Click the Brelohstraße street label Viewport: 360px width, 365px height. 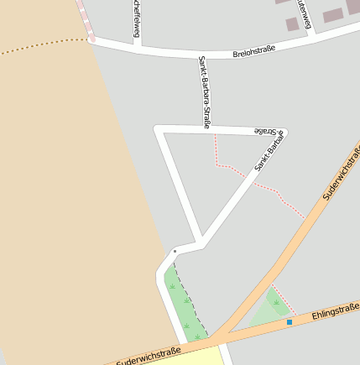(253, 54)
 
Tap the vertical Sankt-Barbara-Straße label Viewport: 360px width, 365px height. (204, 91)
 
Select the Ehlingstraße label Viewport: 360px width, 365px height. (336, 311)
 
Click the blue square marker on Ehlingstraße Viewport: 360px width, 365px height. (290, 321)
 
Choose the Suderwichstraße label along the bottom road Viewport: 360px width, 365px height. (149, 356)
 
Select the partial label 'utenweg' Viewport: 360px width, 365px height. (303, 13)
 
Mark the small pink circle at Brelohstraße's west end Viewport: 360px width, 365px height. (91, 39)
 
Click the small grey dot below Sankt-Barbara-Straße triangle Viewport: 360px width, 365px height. (175, 251)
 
